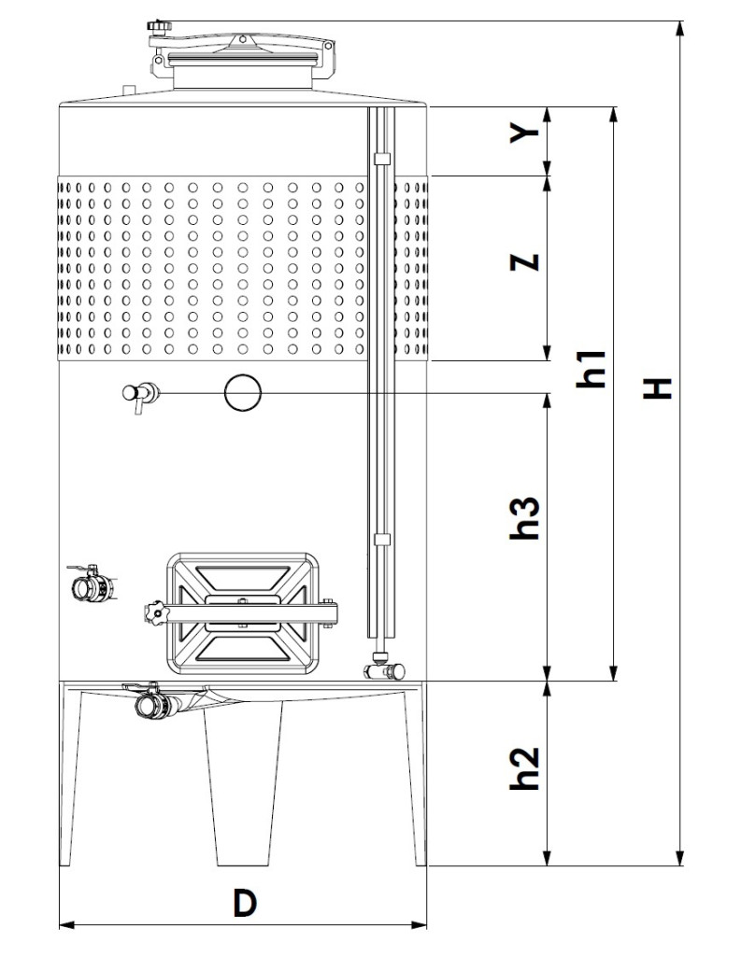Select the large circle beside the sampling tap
pyautogui.click(x=243, y=392)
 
